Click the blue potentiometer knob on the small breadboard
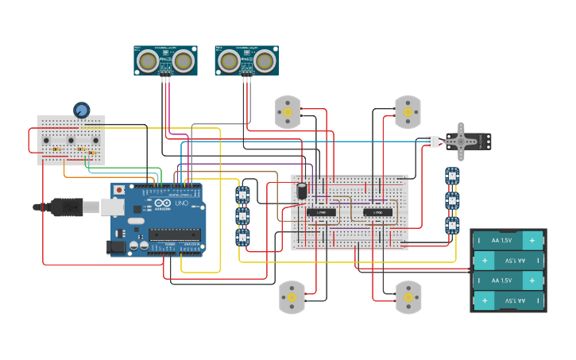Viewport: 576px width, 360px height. pyautogui.click(x=81, y=110)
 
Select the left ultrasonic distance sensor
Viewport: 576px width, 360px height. pyautogui.click(x=165, y=60)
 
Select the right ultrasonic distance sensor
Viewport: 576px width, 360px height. pyautogui.click(x=246, y=60)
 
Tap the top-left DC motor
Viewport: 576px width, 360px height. pyautogui.click(x=288, y=113)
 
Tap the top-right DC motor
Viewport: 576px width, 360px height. pyautogui.click(x=408, y=113)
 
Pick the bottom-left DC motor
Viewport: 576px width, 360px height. pyautogui.click(x=291, y=297)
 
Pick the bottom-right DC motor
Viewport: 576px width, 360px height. pyautogui.click(x=408, y=296)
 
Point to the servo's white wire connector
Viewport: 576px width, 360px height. pyautogui.click(x=431, y=141)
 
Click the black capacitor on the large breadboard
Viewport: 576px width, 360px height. pyautogui.click(x=303, y=192)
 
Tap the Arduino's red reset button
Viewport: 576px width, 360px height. pyautogui.click(x=119, y=191)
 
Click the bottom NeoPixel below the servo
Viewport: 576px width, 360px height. pyautogui.click(x=452, y=226)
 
